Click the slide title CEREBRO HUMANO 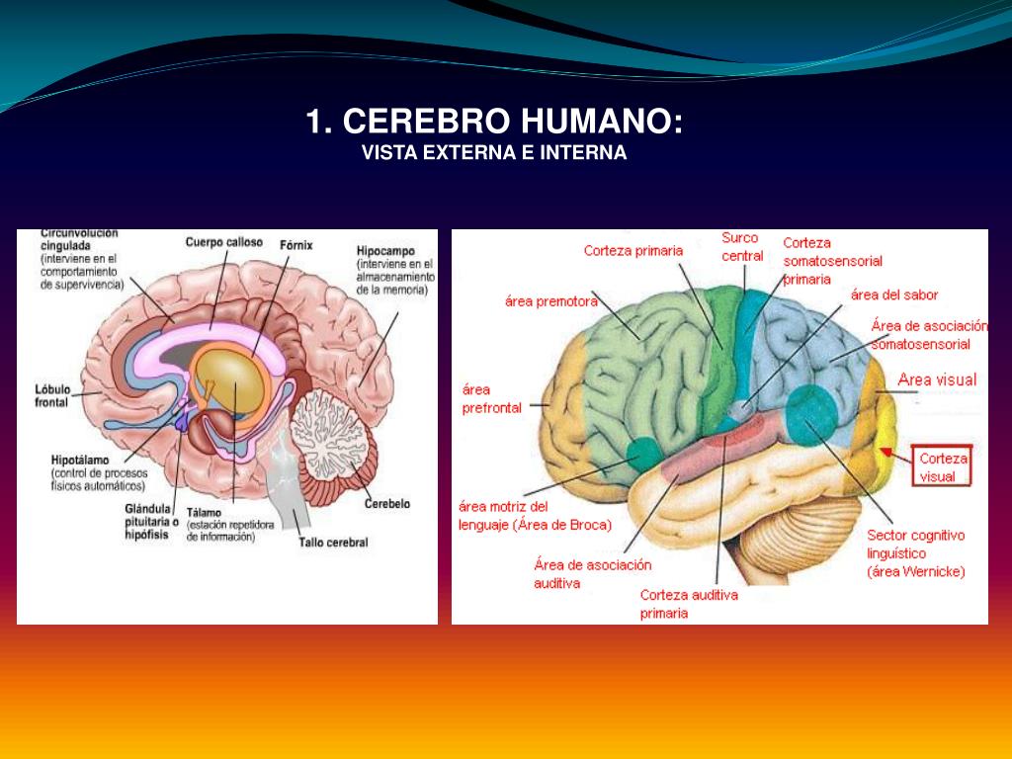pyautogui.click(x=494, y=123)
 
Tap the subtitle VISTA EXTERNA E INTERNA pyautogui.click(x=494, y=153)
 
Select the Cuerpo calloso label pyautogui.click(x=224, y=241)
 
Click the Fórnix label pyautogui.click(x=295, y=242)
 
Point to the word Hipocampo pyautogui.click(x=386, y=251)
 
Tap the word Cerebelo pyautogui.click(x=386, y=503)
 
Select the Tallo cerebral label pyautogui.click(x=333, y=542)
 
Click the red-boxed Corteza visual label pyautogui.click(x=944, y=467)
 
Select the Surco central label pyautogui.click(x=741, y=246)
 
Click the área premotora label pyautogui.click(x=551, y=300)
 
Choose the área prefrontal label pyautogui.click(x=491, y=398)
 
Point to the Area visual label pyautogui.click(x=936, y=379)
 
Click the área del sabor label pyautogui.click(x=894, y=295)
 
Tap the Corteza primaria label pyautogui.click(x=632, y=250)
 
